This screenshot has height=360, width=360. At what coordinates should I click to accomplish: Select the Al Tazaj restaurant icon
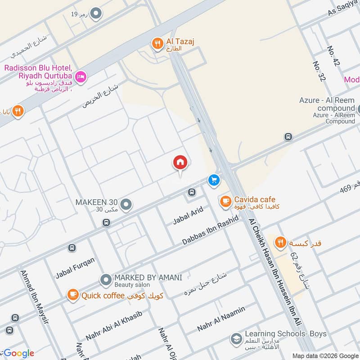pos(157,43)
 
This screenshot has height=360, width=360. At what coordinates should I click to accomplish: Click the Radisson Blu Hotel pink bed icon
pos(81,77)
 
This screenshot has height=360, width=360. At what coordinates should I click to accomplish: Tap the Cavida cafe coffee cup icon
pos(225,201)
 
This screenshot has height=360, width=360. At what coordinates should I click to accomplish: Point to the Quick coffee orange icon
pos(72,295)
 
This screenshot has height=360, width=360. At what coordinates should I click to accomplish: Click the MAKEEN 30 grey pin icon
pos(126,205)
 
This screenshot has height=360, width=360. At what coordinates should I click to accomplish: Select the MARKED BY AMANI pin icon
pos(106,281)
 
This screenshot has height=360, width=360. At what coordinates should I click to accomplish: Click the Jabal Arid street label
pos(188,216)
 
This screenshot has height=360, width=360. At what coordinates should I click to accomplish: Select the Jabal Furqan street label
pos(75,269)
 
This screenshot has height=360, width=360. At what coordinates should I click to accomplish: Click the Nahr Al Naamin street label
pos(221,319)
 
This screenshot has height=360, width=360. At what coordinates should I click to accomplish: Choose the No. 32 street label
pos(319,72)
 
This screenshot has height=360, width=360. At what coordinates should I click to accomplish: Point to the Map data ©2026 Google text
pos(325,355)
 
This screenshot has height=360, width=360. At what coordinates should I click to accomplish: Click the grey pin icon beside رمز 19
pos(95,14)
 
